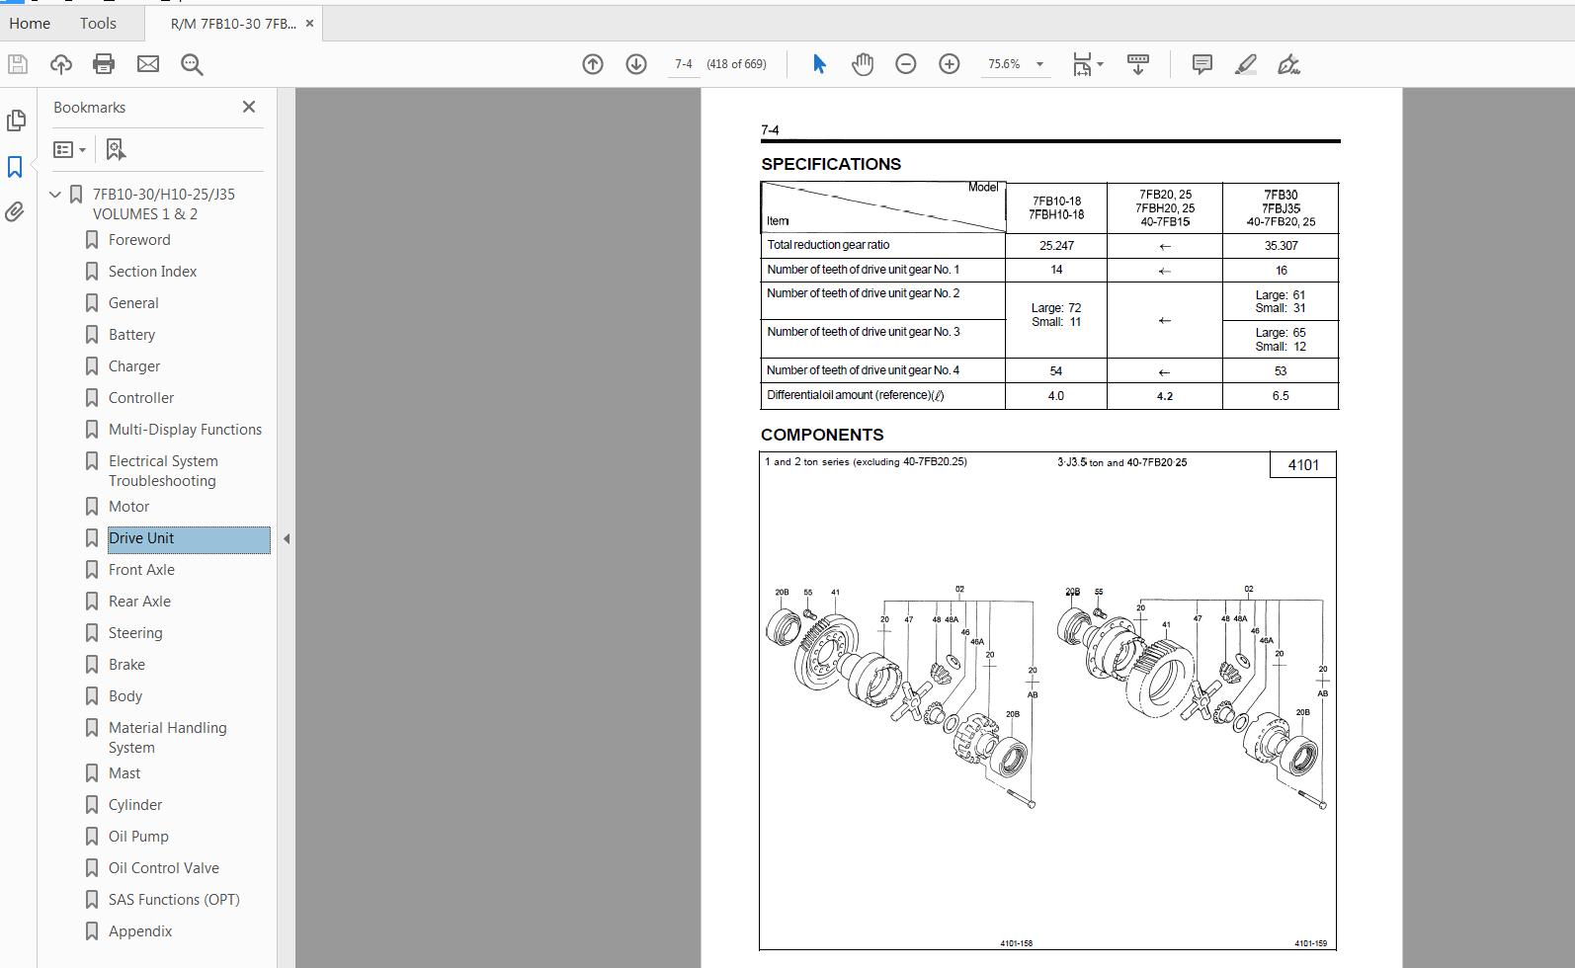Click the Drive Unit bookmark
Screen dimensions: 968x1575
(141, 538)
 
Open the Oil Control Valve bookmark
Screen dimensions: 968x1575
(164, 868)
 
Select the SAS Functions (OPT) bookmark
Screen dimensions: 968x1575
(174, 900)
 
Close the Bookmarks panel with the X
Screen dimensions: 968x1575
(249, 107)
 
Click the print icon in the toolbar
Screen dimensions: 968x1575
(104, 64)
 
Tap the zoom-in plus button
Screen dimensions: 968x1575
(949, 64)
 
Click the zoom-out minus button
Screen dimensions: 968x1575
(905, 64)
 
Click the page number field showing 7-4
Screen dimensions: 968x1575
(684, 64)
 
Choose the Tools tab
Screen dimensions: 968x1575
(98, 23)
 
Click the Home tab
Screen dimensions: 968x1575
(30, 23)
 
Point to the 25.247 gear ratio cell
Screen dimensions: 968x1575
(1056, 246)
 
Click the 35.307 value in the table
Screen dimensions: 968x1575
(1281, 246)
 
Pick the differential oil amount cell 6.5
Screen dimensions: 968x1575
(1281, 396)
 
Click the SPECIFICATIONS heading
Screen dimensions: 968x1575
(831, 164)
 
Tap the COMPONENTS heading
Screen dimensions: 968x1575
(822, 435)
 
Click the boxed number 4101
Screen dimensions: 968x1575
(1303, 465)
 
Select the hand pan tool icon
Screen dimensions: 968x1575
(863, 64)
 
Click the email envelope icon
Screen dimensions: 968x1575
(148, 64)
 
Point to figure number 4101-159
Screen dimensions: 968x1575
(1310, 943)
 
